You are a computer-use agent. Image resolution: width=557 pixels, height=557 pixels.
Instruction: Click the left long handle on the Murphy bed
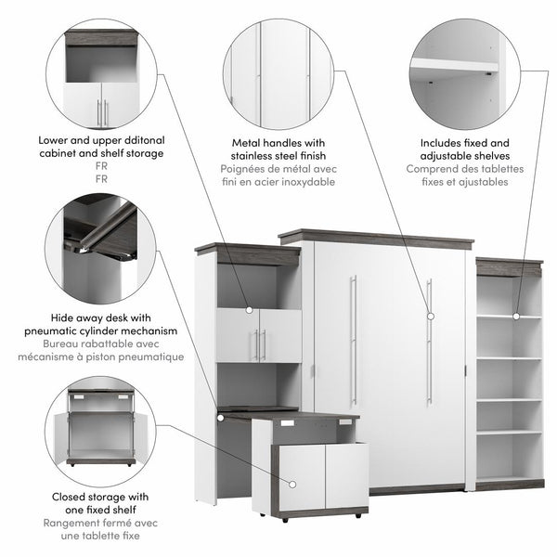(353, 341)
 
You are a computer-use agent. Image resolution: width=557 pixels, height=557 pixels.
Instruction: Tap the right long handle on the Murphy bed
(428, 341)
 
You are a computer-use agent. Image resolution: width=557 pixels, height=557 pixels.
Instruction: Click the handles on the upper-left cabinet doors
(259, 344)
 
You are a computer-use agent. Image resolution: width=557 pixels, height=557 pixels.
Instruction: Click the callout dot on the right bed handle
(429, 317)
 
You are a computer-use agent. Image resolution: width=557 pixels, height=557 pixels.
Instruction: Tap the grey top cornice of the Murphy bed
(376, 238)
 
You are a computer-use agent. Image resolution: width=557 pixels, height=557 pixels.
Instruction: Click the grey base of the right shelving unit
(510, 484)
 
